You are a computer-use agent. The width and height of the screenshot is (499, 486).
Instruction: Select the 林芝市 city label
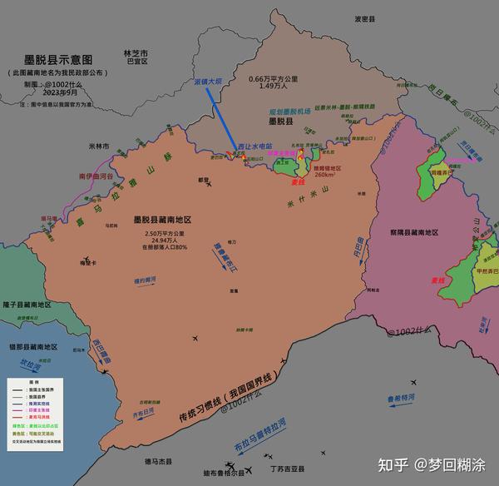[x=135, y=51]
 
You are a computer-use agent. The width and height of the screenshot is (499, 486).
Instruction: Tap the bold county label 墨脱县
[x=275, y=121]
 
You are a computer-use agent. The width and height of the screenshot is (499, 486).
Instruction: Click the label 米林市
[x=99, y=146]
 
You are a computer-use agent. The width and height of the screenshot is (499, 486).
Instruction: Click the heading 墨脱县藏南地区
[x=163, y=220]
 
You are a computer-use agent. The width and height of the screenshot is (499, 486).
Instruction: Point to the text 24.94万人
[x=163, y=240]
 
